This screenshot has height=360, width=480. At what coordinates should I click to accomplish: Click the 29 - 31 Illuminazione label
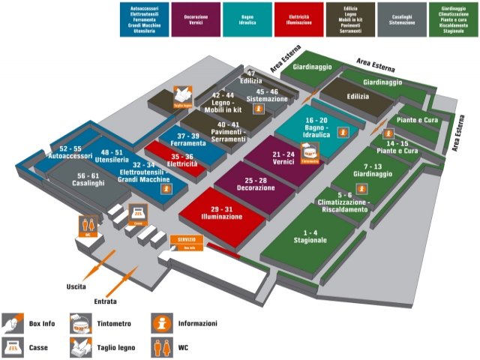pos(221,211)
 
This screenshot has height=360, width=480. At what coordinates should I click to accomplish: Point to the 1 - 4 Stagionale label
pos(305,236)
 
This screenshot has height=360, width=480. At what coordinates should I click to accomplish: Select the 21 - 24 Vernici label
pos(284,158)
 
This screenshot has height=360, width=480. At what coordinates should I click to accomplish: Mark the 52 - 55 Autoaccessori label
pos(70,153)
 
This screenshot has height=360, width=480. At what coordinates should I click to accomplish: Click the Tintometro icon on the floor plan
pos(310,152)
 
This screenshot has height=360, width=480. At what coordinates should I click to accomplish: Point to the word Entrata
pos(106,301)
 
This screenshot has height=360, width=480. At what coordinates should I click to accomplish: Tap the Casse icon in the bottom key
pos(11,346)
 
